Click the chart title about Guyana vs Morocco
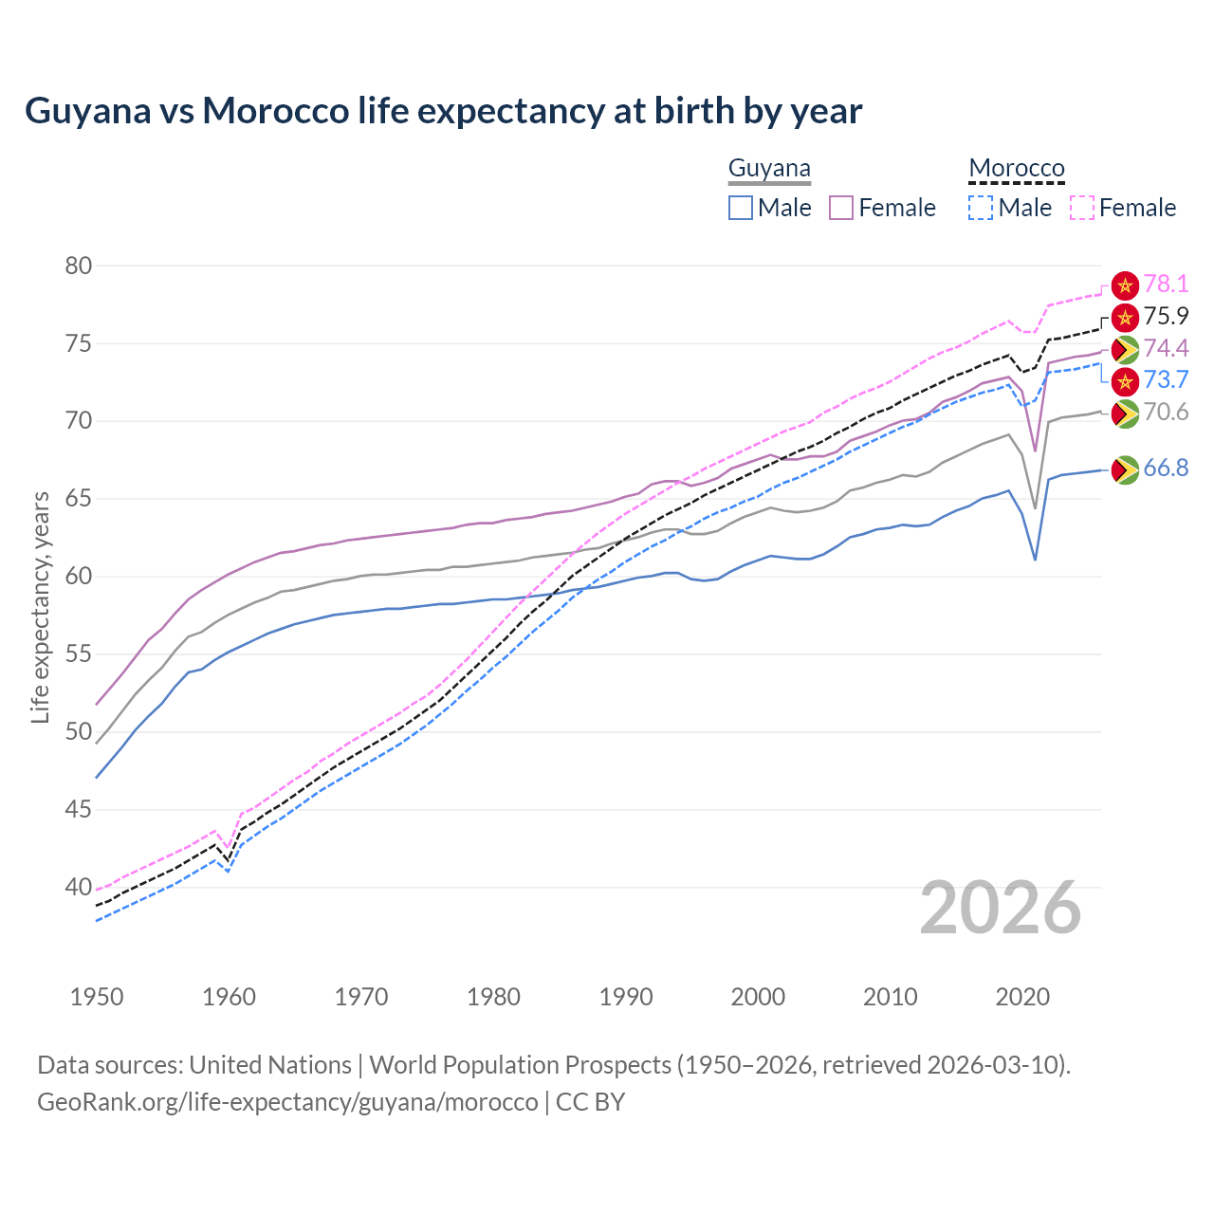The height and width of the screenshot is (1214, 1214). (443, 111)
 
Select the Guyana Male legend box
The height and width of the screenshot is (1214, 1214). (741, 208)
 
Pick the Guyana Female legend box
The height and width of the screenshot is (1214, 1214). (841, 208)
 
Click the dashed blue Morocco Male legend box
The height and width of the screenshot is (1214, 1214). (981, 208)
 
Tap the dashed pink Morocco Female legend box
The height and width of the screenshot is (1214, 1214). (1081, 208)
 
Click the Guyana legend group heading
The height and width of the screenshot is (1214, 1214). (769, 169)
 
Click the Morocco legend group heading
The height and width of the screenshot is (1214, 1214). (1017, 169)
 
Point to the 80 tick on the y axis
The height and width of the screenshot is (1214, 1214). (79, 266)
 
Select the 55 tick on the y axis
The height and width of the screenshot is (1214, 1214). (79, 654)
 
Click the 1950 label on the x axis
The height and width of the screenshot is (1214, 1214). (97, 997)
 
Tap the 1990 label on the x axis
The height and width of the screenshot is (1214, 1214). (626, 997)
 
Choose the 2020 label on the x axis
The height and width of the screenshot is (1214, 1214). (1022, 997)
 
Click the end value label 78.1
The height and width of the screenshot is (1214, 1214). (1166, 284)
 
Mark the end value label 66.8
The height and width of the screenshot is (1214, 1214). (1166, 468)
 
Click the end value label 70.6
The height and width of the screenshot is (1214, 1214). (1166, 412)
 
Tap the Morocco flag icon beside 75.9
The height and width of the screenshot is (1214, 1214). (1125, 317)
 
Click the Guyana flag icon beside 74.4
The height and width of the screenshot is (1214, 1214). (1125, 350)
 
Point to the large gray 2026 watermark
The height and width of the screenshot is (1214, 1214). (1001, 909)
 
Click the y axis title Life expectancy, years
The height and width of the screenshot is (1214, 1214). (40, 607)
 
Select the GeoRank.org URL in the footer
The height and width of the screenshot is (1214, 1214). (287, 1102)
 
